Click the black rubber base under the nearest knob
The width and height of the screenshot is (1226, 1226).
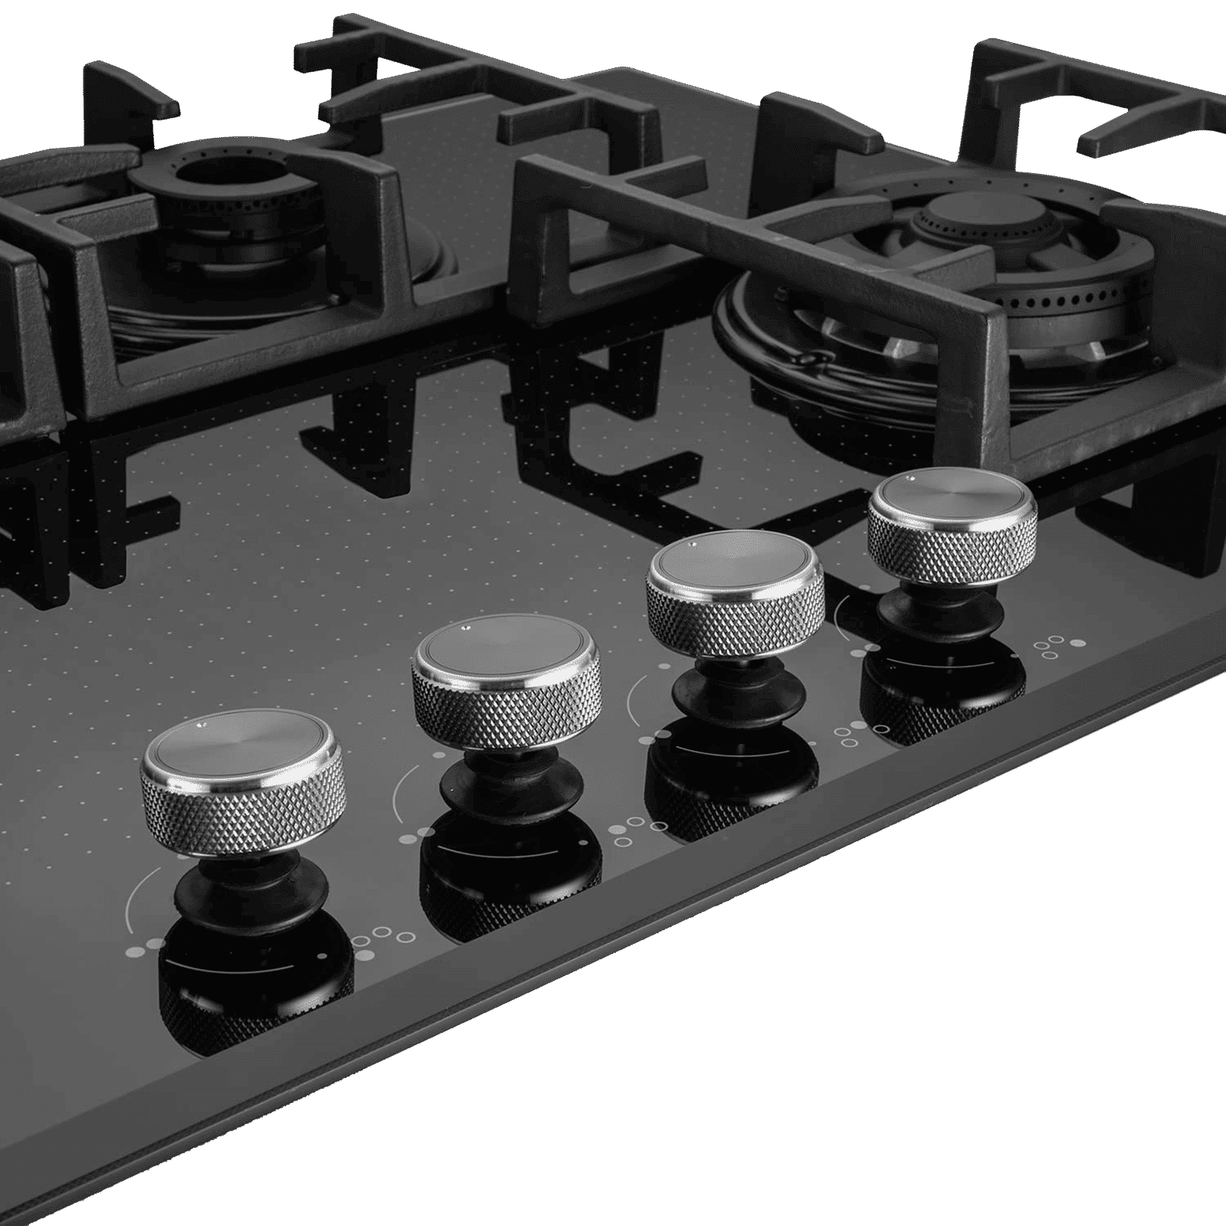click(x=253, y=889)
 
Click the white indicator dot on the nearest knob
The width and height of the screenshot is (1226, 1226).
click(x=201, y=724)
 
